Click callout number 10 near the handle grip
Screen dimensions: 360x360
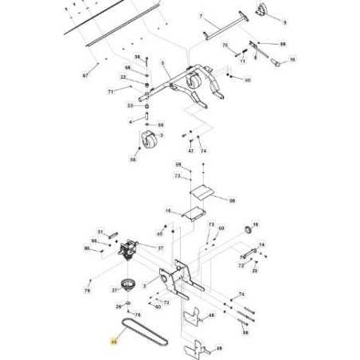pos(292,60)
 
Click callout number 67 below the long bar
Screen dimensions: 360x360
pos(85,76)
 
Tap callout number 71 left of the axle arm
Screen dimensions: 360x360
pos(112,92)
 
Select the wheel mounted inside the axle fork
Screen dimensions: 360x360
pos(194,82)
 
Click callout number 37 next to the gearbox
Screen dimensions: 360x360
pos(161,248)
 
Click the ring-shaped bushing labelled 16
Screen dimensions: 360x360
pos(246,230)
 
